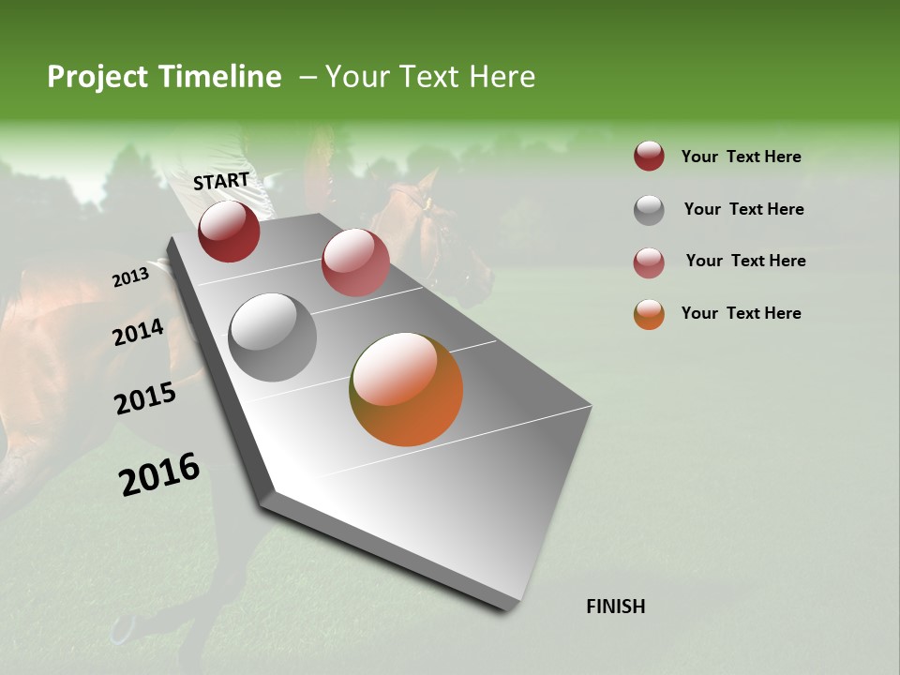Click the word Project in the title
coord(98,77)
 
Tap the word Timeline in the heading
coord(219,77)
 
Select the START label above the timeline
coord(221,181)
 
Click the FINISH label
coord(615,607)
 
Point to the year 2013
coord(130,277)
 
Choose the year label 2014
coord(138,333)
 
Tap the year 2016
coord(159,474)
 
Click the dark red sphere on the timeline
coord(229,231)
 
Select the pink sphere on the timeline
coord(355,262)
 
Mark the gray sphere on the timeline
coord(273,337)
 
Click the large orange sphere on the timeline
coord(406,389)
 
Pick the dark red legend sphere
coord(649,156)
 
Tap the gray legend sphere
coord(649,210)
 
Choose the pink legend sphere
coord(649,262)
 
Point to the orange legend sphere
coord(649,314)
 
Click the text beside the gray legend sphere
coord(743,209)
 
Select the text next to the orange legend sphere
coord(741,313)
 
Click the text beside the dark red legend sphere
coord(741,157)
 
